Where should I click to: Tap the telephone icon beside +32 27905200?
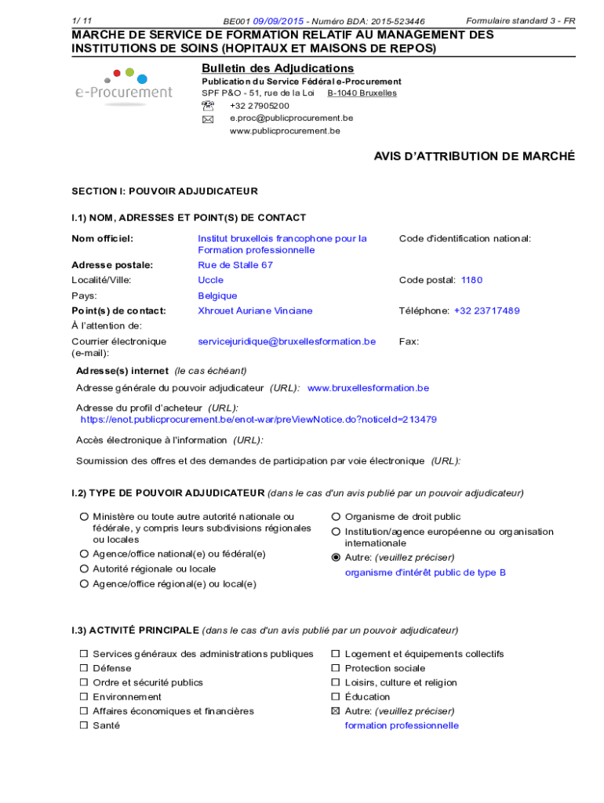tap(207, 106)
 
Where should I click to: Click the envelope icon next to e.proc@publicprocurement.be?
tap(207, 119)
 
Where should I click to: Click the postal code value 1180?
tap(471, 280)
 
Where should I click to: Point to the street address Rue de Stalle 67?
tap(235, 265)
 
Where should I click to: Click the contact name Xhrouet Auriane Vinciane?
tap(255, 311)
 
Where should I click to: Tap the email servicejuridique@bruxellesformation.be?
tap(286, 341)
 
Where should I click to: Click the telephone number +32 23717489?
tap(486, 311)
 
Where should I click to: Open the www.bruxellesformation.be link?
tap(368, 388)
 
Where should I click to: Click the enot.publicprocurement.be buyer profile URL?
tap(259, 420)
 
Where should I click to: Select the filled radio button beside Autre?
tap(336, 558)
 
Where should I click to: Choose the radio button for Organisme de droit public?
tap(336, 517)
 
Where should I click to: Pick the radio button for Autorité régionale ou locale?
tap(83, 569)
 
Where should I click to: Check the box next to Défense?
tap(83, 668)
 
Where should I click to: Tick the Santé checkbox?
tap(83, 725)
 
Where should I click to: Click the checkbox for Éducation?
tap(336, 697)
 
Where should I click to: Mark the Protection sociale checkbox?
tap(336, 668)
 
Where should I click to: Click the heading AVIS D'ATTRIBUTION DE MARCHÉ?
tap(474, 157)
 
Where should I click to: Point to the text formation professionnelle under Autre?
tap(402, 725)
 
